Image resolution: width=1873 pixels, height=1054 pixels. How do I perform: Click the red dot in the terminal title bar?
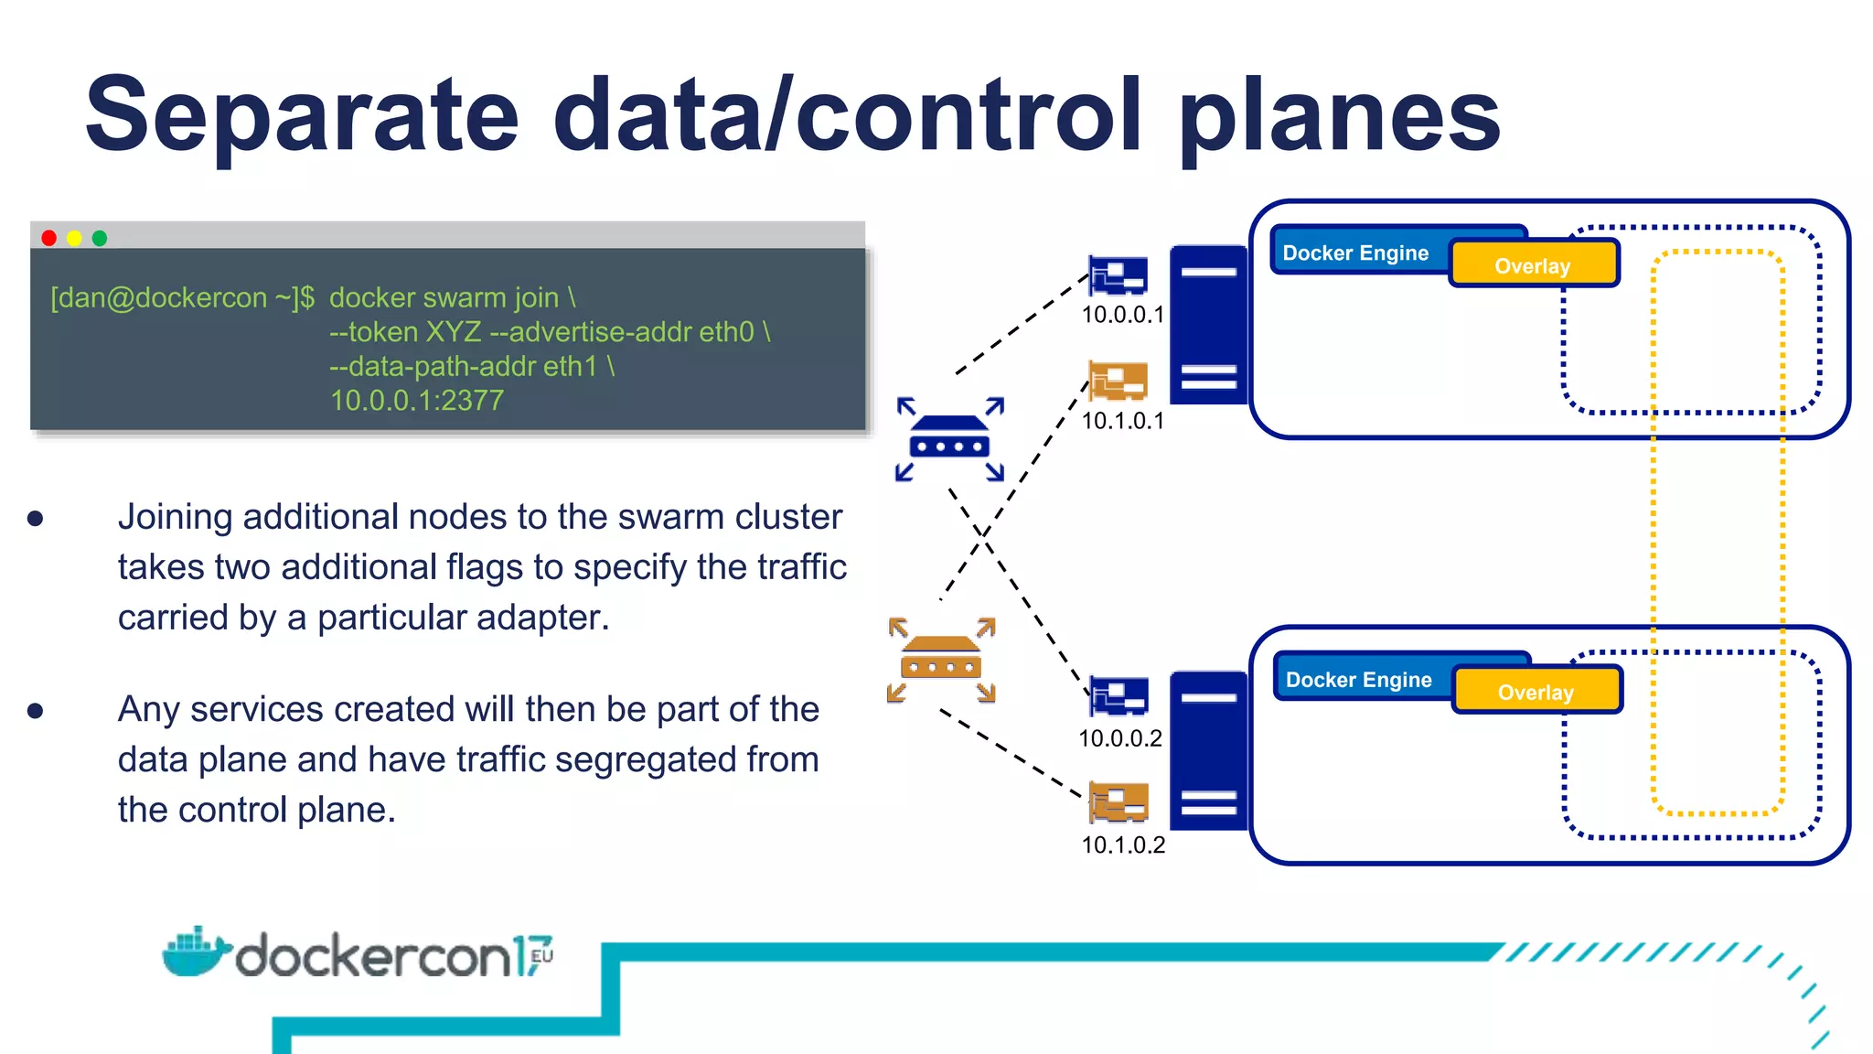[x=49, y=238]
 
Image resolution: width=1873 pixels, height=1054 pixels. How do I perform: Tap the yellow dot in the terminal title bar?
[x=75, y=238]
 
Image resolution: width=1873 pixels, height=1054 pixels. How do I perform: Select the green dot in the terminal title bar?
[x=100, y=238]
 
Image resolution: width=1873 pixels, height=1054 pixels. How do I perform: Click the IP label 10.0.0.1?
[x=1122, y=315]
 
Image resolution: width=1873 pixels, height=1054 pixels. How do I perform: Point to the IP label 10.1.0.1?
[x=1122, y=421]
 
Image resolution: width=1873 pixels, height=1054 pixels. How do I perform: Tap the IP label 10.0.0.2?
[x=1119, y=738]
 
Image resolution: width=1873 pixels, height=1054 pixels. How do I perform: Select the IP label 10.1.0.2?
[x=1123, y=845]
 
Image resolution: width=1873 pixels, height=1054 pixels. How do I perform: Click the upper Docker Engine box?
[x=1355, y=253]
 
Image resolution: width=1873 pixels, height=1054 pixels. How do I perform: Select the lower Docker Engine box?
[x=1359, y=680]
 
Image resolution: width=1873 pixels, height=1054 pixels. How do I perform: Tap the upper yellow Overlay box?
[x=1534, y=265]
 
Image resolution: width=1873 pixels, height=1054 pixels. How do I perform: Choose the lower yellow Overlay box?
[x=1536, y=692]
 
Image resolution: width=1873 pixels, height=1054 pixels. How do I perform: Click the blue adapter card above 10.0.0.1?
[x=1118, y=275]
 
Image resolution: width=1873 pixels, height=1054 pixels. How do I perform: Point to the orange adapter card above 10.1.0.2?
[x=1118, y=803]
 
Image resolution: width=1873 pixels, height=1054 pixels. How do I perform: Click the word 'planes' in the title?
[x=1340, y=117]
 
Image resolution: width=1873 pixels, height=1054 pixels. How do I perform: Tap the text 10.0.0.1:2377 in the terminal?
[x=416, y=401]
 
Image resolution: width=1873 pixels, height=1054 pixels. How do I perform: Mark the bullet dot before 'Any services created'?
[x=36, y=711]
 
